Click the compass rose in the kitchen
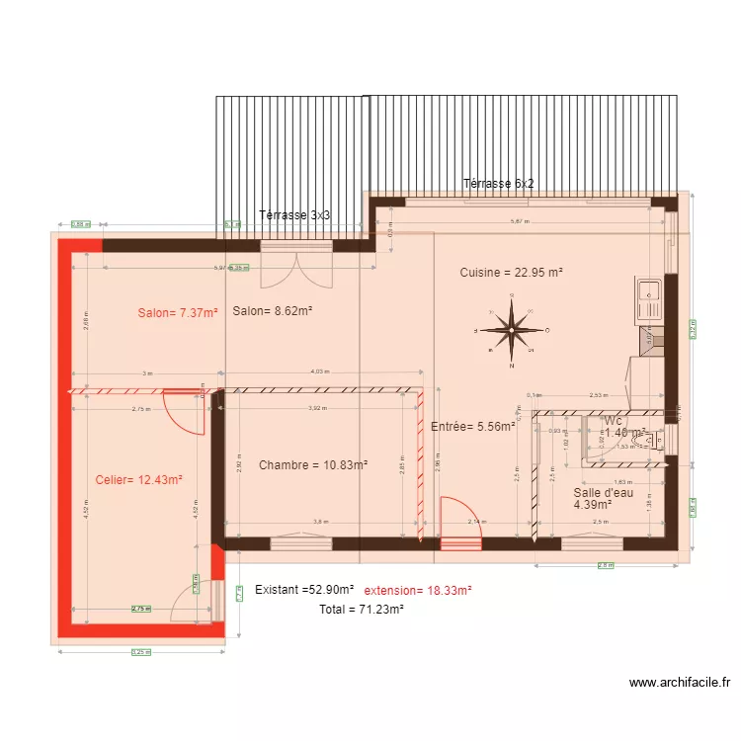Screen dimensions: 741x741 click(x=513, y=331)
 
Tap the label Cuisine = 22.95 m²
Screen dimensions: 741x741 click(x=511, y=273)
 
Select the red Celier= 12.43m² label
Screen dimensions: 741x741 click(x=139, y=480)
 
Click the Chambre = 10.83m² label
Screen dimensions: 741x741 click(x=313, y=464)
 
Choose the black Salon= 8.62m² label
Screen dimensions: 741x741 click(x=273, y=311)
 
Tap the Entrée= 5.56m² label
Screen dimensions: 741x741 click(x=474, y=427)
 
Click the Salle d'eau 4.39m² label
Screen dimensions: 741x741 click(x=602, y=498)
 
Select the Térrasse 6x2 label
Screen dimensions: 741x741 click(x=499, y=184)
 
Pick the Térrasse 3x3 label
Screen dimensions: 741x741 click(x=293, y=214)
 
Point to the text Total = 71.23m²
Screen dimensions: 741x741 click(x=361, y=610)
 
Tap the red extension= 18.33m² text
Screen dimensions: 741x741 click(x=418, y=590)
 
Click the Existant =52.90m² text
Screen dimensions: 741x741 click(x=304, y=590)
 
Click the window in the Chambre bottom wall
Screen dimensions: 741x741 click(x=300, y=542)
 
